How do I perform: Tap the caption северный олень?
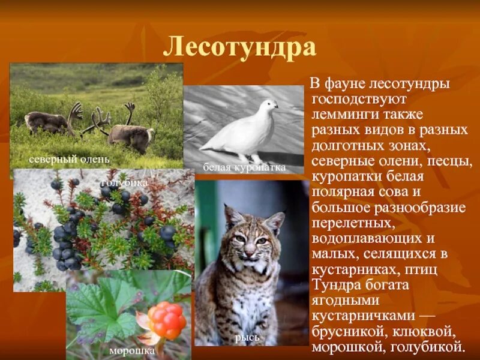69,159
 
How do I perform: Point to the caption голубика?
125,182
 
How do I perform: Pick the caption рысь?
247,337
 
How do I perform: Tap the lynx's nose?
247,252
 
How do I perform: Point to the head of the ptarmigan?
268,106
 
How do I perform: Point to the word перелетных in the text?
353,223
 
